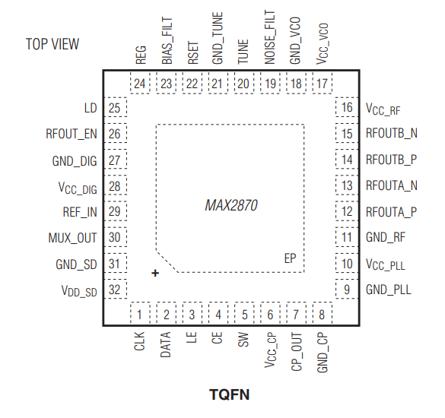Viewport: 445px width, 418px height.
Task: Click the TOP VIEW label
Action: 52,44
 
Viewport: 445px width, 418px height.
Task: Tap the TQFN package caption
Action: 229,394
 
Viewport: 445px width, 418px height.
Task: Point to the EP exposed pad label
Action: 290,258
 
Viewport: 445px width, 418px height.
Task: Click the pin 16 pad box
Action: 347,108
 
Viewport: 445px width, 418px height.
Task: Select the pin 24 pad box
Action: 140,84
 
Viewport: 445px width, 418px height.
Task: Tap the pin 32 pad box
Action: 115,290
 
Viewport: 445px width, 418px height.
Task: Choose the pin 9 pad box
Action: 347,290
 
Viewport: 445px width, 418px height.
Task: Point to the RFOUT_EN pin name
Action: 72,135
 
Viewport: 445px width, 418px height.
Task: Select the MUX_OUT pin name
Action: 73,238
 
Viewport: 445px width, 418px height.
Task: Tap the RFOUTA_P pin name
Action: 392,212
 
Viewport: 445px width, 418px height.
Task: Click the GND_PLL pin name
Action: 389,290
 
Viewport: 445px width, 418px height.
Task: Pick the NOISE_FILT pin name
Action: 269,45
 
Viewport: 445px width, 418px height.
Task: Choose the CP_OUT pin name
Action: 295,350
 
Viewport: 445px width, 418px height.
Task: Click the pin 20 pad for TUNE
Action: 243,84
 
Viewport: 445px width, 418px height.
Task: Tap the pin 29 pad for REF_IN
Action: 115,212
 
